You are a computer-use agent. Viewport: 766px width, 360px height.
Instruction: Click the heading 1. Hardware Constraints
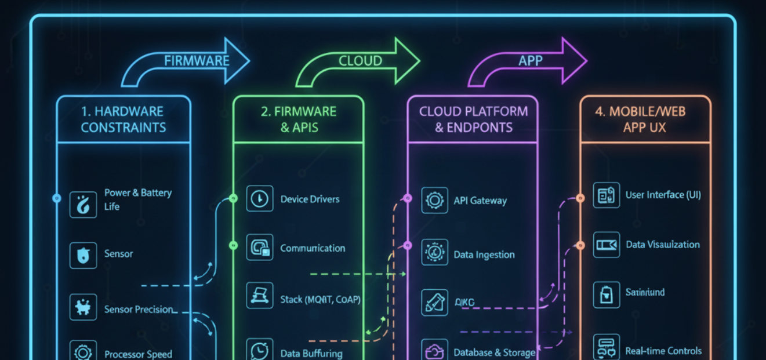pyautogui.click(x=124, y=119)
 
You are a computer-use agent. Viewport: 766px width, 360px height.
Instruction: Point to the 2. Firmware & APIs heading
pyautogui.click(x=299, y=119)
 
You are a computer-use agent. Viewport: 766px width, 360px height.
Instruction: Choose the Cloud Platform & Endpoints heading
pyautogui.click(x=473, y=119)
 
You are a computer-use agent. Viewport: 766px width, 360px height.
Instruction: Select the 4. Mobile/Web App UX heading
pyautogui.click(x=645, y=119)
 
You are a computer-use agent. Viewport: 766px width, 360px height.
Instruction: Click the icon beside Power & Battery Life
pyautogui.click(x=83, y=205)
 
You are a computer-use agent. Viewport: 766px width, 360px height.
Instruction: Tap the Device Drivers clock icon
pyautogui.click(x=259, y=199)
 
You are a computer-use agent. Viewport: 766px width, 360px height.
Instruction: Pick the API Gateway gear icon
pyautogui.click(x=434, y=201)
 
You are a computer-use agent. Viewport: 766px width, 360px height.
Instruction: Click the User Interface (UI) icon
pyautogui.click(x=607, y=195)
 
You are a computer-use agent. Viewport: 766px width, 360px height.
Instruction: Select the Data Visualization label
pyautogui.click(x=662, y=245)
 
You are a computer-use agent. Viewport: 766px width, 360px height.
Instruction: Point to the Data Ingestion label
pyautogui.click(x=484, y=254)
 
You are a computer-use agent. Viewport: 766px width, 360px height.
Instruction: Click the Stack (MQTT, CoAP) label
pyautogui.click(x=320, y=299)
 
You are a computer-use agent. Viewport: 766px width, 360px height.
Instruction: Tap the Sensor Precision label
pyautogui.click(x=139, y=310)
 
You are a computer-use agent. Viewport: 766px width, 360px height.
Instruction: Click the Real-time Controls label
pyautogui.click(x=663, y=351)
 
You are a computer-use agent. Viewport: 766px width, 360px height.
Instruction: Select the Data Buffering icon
pyautogui.click(x=259, y=351)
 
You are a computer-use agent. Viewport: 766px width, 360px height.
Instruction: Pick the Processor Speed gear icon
pyautogui.click(x=83, y=352)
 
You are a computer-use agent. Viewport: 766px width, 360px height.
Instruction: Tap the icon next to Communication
pyautogui.click(x=259, y=248)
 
